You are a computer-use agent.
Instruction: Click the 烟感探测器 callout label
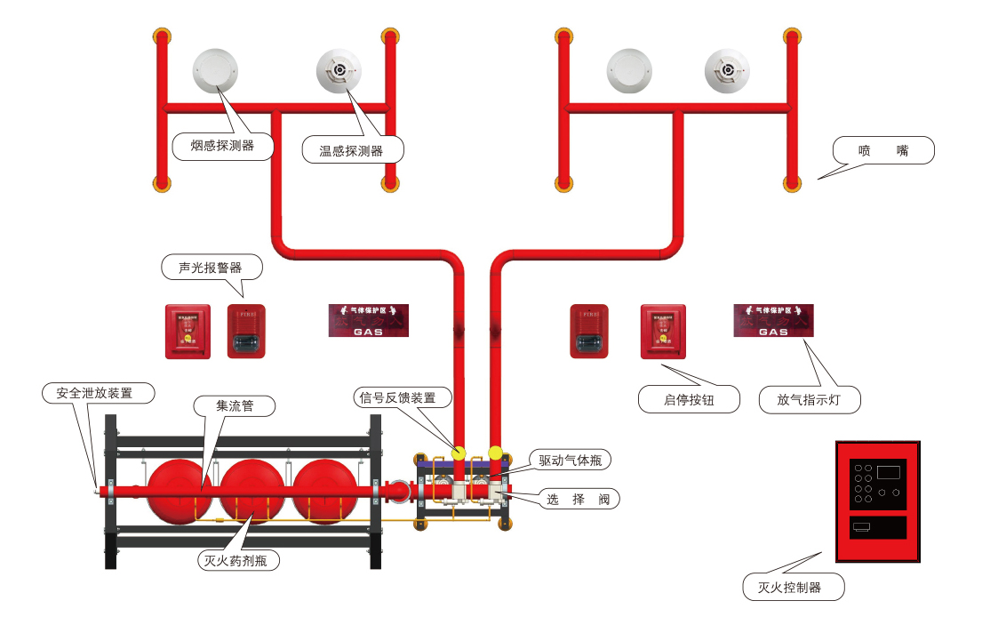(x=222, y=145)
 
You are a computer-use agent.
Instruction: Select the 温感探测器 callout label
(x=351, y=150)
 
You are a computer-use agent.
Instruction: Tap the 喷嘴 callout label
(x=883, y=150)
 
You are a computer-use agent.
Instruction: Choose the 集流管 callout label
(x=235, y=406)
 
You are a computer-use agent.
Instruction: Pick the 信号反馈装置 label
(x=396, y=397)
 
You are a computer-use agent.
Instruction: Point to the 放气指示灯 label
(x=809, y=400)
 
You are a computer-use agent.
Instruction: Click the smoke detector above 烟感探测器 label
(x=216, y=69)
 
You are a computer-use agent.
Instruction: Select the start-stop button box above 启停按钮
(x=663, y=331)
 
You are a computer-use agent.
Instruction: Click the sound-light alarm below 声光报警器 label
(x=246, y=331)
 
